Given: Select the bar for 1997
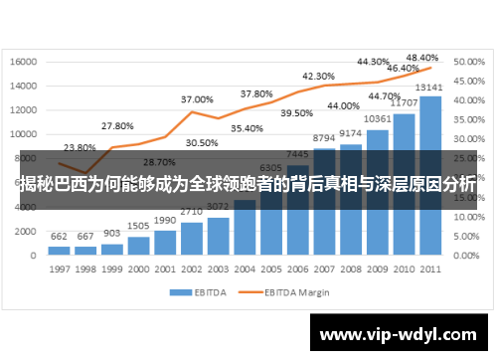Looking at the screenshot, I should [x=60, y=251].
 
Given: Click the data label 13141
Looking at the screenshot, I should [x=430, y=87].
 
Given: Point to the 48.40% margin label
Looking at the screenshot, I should [x=422, y=58].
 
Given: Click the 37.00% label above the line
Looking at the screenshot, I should [x=197, y=99].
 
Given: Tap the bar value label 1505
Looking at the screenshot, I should [x=138, y=227].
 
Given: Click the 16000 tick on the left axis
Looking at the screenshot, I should [x=24, y=62].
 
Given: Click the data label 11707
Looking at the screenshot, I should [x=404, y=102].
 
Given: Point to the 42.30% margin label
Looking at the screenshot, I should [x=318, y=76].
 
